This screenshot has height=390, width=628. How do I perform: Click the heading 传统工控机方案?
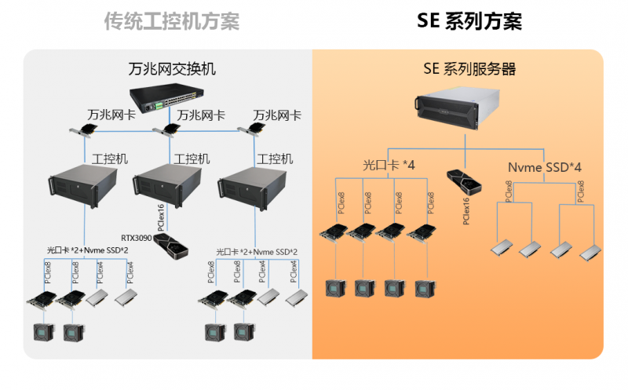click(x=171, y=21)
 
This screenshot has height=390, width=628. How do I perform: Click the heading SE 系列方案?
click(x=469, y=21)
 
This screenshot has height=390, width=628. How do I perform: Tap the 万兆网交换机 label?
click(x=171, y=69)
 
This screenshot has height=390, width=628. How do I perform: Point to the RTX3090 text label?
click(x=137, y=236)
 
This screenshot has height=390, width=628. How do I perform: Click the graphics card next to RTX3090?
click(x=170, y=246)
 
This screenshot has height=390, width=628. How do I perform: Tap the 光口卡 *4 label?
click(x=389, y=166)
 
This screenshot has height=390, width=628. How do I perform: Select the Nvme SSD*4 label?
click(x=544, y=166)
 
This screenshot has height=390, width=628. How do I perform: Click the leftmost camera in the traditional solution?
click(x=42, y=332)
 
